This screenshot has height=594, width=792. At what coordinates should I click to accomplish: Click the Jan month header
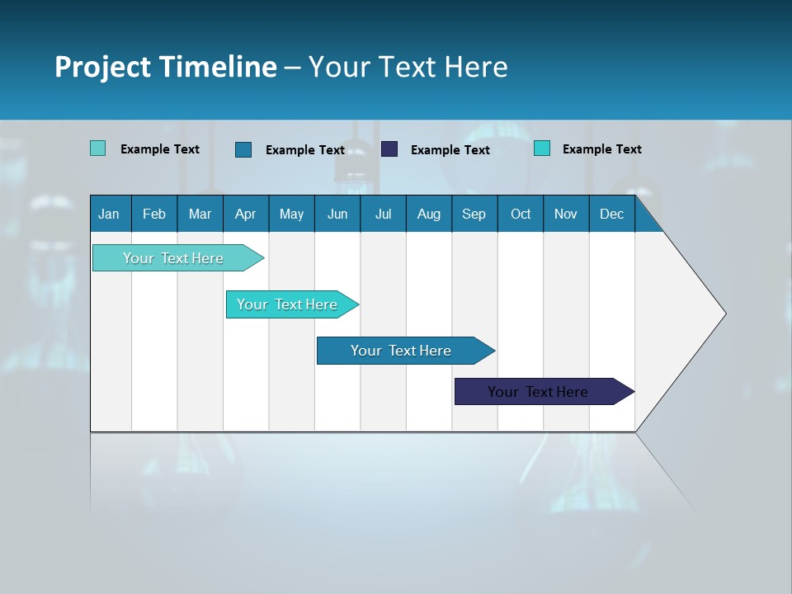coord(109,214)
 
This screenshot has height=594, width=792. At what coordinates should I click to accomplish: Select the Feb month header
coord(154,214)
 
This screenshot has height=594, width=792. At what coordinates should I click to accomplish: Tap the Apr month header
coord(245,214)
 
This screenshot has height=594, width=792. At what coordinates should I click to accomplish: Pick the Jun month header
coord(337,214)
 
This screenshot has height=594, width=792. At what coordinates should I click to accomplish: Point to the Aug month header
coord(428,214)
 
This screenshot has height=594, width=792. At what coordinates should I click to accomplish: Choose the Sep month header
coord(474,214)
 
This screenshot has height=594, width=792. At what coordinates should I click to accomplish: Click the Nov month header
coord(566,214)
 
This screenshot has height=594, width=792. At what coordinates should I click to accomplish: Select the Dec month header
coord(611,214)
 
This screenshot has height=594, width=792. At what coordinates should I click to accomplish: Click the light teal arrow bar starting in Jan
coord(173,258)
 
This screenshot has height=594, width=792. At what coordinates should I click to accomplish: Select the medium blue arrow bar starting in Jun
coord(401,351)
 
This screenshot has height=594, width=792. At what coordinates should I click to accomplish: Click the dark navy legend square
coord(389,149)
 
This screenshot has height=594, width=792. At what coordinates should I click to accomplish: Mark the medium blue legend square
coord(243,149)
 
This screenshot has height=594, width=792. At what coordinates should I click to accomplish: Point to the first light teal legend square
coord(98,148)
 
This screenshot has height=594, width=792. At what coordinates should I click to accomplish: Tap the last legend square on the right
coord(542,148)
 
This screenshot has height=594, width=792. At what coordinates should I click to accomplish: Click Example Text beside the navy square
coord(450,150)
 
